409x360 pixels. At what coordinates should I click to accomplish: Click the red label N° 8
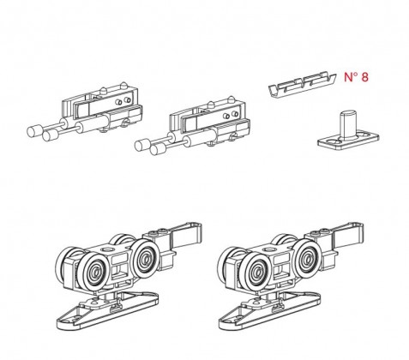point(356,77)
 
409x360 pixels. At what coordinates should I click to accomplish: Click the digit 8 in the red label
point(364,77)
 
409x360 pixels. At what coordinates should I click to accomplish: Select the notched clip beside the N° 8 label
point(303,85)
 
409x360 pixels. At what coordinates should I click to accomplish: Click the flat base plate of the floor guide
point(349,141)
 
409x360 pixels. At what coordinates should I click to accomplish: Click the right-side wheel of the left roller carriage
point(146,257)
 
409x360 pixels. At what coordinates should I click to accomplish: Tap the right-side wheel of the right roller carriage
point(308,257)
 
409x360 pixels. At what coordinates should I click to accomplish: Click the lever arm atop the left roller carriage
point(186,234)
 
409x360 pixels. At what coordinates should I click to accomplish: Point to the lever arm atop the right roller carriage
point(348,234)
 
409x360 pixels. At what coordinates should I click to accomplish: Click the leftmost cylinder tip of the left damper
point(34,131)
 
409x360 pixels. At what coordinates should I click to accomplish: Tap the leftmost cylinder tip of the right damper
point(142,145)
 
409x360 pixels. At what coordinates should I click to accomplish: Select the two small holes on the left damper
point(123,101)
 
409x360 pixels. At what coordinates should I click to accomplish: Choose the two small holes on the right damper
point(232,115)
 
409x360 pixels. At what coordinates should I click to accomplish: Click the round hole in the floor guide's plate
point(331,141)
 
